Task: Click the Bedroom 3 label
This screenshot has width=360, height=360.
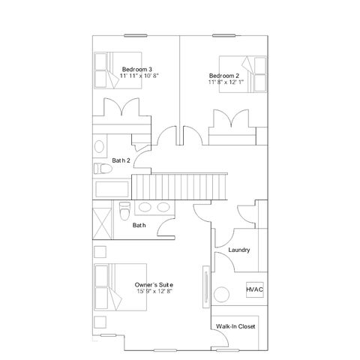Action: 136,69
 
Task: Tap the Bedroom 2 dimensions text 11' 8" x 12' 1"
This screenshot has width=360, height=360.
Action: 226,82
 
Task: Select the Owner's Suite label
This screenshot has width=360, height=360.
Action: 154,285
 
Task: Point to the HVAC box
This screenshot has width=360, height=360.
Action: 255,289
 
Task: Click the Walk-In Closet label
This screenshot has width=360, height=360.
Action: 235,326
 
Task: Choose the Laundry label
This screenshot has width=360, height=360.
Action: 239,250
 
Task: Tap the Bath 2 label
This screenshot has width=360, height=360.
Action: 121,160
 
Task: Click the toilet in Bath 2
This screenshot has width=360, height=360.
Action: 103,169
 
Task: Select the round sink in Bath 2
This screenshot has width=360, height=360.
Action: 99,146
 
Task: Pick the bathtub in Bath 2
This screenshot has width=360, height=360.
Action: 112,189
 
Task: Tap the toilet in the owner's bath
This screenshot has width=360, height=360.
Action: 124,211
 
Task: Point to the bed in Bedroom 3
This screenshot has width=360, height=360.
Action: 118,70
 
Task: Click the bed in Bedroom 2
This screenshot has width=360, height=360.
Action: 243,74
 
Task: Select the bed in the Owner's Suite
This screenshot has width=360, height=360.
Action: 120,287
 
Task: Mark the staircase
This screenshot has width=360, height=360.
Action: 179,187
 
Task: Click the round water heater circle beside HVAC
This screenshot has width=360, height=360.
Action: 221,295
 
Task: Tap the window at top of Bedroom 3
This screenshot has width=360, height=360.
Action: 136,35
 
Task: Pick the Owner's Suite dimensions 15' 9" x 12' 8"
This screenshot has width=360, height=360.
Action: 155,291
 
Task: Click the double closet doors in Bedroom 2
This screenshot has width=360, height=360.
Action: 232,118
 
